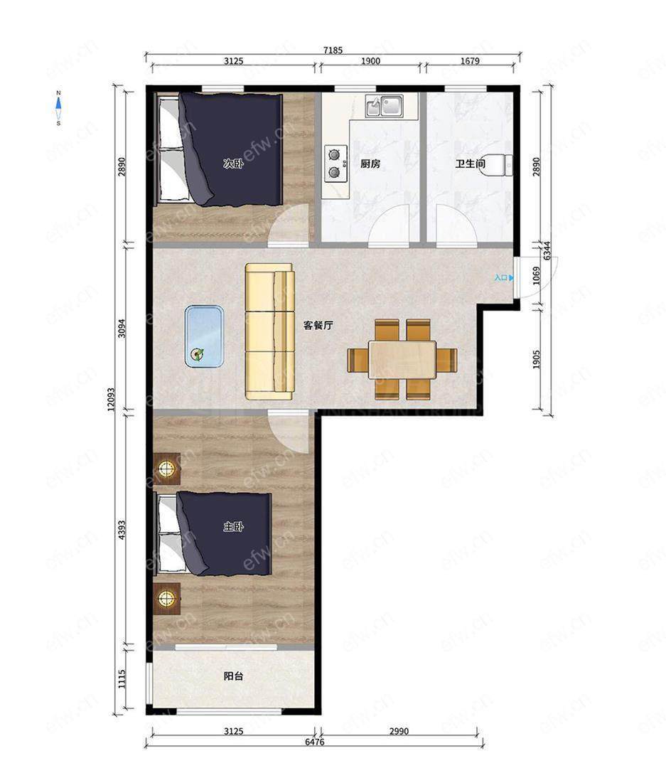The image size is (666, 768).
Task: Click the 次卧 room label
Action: [x=233, y=164]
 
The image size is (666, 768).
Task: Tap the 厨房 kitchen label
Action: [x=370, y=164]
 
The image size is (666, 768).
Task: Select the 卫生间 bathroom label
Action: [x=470, y=164]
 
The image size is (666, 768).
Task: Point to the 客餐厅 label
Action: [x=318, y=325]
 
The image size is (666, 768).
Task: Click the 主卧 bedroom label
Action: [x=233, y=527]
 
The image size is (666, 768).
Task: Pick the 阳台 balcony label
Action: [x=233, y=676]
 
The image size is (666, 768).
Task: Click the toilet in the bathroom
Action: [x=500, y=164]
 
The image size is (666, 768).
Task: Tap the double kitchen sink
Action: [x=384, y=106]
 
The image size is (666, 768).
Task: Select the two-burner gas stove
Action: [x=335, y=164]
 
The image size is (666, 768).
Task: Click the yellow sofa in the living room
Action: [x=270, y=331]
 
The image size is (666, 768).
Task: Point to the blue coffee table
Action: [x=204, y=336]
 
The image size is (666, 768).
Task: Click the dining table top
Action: [x=402, y=360]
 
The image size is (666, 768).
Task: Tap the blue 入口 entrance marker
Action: [x=504, y=278]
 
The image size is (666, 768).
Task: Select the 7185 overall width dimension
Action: [x=333, y=50]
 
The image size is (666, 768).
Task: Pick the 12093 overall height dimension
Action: [x=111, y=399]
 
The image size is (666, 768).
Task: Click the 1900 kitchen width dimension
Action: [x=371, y=60]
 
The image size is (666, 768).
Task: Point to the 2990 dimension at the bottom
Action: [x=399, y=731]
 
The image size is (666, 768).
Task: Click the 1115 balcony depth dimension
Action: [x=122, y=679]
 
